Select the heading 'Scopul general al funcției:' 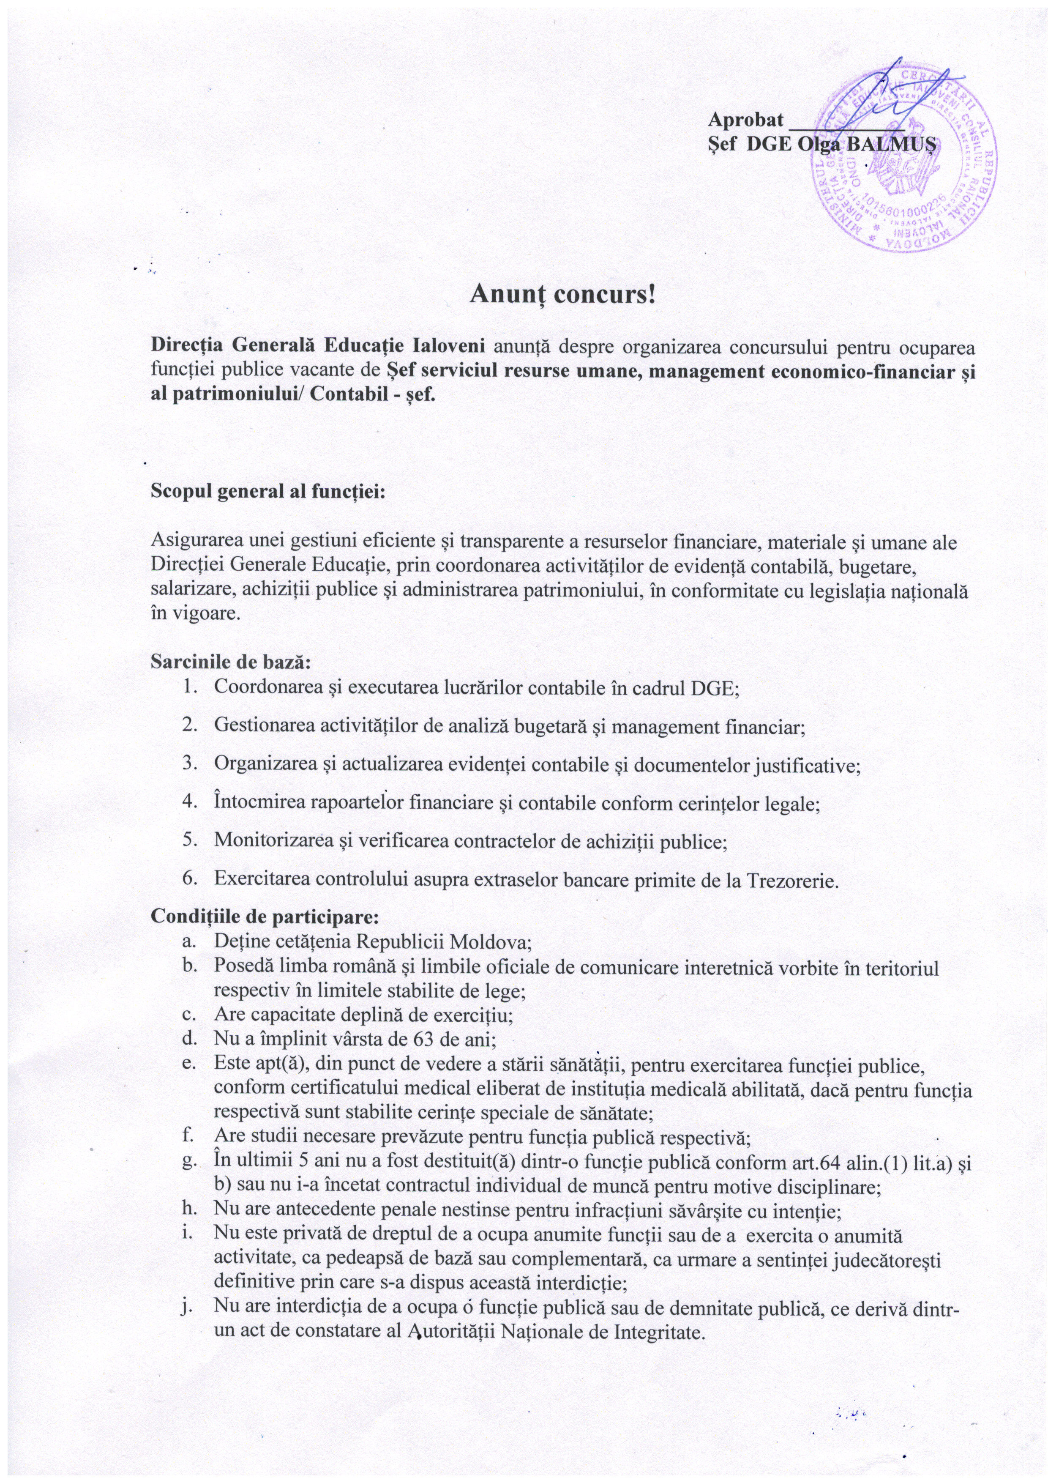click(x=268, y=491)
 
